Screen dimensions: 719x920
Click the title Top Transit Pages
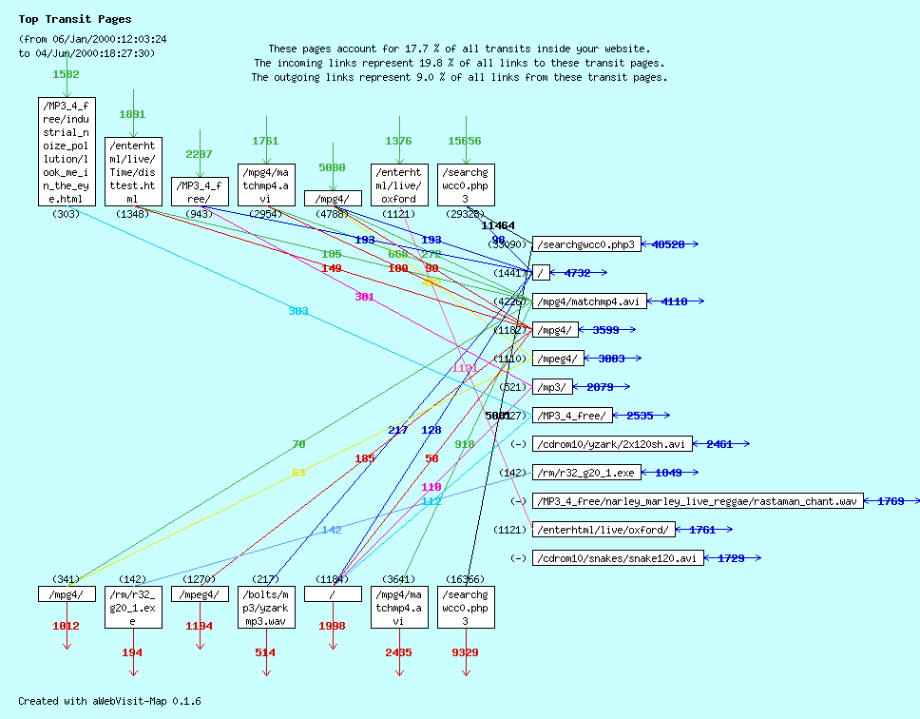(75, 19)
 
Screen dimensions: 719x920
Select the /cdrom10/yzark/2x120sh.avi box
(613, 444)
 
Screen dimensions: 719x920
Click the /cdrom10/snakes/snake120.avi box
(618, 558)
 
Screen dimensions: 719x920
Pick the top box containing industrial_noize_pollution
(67, 151)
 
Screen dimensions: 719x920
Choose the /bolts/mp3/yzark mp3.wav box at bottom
(266, 608)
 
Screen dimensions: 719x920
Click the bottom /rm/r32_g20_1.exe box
(133, 608)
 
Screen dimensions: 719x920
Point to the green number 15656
(465, 141)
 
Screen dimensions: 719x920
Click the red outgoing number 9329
(465, 652)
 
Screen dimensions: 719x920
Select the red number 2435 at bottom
(398, 652)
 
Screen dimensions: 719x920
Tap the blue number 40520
(668, 244)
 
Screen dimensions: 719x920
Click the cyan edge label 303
(298, 311)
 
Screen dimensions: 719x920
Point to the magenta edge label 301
(364, 297)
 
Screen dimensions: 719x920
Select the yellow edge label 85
(298, 473)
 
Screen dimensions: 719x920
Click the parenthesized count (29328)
(465, 215)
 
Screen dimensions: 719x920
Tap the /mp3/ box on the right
(553, 387)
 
